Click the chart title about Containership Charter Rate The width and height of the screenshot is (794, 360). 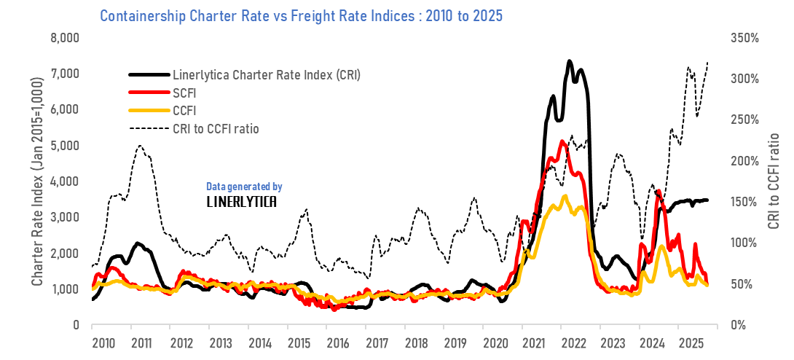pyautogui.click(x=301, y=15)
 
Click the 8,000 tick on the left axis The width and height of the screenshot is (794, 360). pyautogui.click(x=64, y=38)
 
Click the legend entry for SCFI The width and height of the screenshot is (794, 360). pyautogui.click(x=186, y=93)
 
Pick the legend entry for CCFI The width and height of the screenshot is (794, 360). pyautogui.click(x=186, y=111)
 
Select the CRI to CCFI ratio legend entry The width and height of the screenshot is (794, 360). pyautogui.click(x=216, y=129)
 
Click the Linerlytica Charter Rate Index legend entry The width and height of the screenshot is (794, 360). pyautogui.click(x=266, y=74)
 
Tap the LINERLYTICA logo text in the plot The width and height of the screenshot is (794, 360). pyautogui.click(x=241, y=201)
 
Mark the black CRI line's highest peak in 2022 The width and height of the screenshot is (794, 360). pyautogui.click(x=569, y=61)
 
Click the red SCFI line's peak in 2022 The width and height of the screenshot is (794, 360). pyautogui.click(x=561, y=141)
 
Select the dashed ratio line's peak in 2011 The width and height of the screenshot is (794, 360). pyautogui.click(x=140, y=146)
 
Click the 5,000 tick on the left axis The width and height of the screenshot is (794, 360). pyautogui.click(x=64, y=145)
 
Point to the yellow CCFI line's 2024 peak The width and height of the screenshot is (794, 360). pyautogui.click(x=661, y=246)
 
